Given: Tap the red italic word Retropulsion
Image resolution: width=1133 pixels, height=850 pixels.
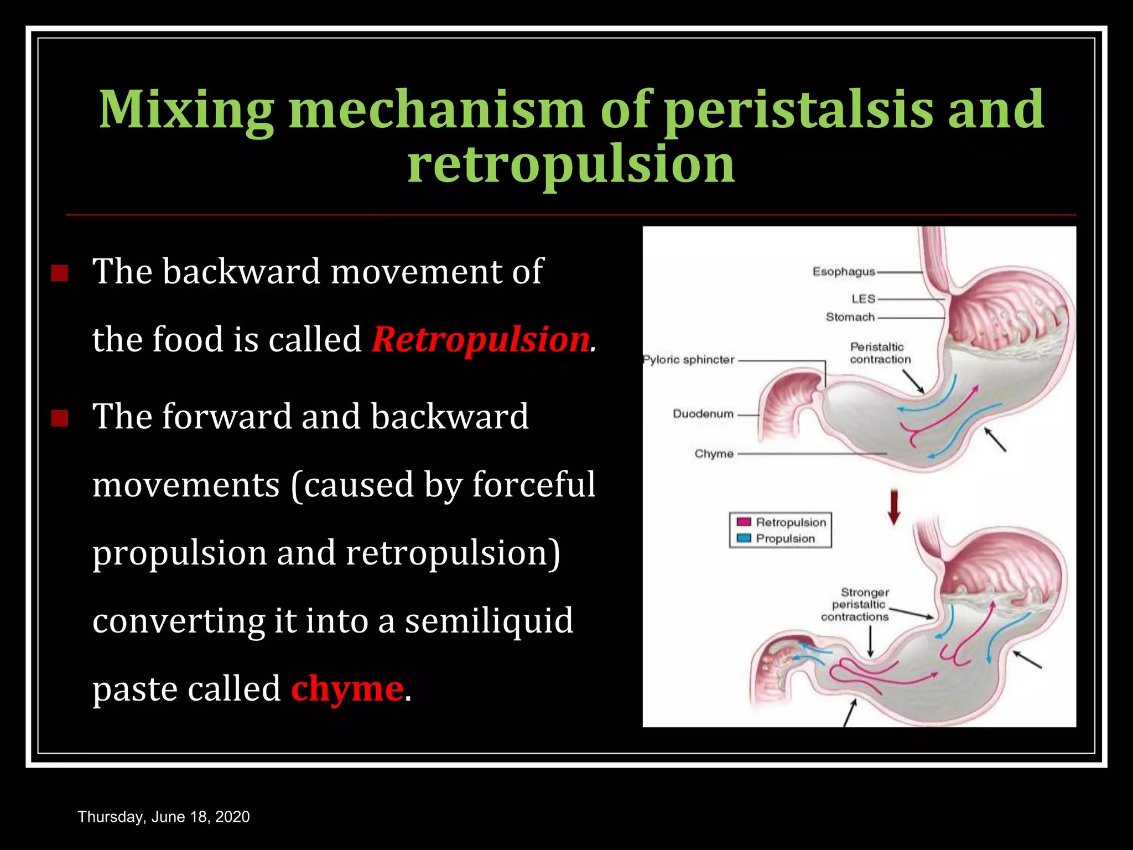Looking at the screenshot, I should click(x=480, y=339).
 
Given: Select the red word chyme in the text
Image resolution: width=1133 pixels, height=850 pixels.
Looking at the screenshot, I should click(x=347, y=688).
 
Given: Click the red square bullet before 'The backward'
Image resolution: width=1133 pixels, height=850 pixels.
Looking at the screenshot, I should click(x=59, y=273).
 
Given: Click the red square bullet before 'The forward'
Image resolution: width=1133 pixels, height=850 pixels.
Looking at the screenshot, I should click(x=59, y=418).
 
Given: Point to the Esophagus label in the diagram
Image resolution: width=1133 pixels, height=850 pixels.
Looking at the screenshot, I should click(x=843, y=272).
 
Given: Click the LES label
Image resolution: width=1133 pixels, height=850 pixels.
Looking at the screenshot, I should click(x=863, y=299).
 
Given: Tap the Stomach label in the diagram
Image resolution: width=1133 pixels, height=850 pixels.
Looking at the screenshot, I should click(x=850, y=317).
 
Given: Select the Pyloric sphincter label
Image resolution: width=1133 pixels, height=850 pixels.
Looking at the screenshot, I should click(x=689, y=360).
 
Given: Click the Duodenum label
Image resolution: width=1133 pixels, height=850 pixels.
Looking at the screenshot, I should click(x=703, y=414).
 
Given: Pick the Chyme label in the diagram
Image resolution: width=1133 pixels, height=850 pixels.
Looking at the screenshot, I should click(x=714, y=454).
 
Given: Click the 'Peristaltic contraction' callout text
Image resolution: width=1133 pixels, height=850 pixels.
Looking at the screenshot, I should click(x=880, y=353).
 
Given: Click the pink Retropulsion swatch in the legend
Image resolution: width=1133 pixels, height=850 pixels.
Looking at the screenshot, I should click(x=744, y=522).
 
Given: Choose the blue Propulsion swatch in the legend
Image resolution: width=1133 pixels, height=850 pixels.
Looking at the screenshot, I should click(x=744, y=538).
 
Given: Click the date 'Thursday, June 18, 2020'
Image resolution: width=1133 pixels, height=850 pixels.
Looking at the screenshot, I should click(x=164, y=817).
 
